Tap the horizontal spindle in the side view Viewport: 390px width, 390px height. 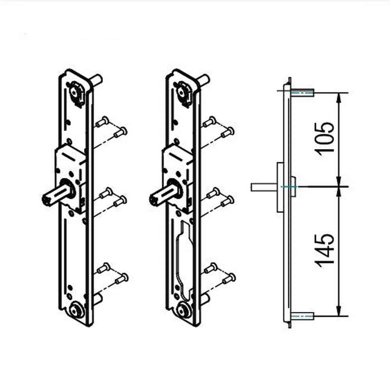tap(263, 187)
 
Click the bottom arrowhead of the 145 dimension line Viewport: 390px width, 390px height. tap(339, 312)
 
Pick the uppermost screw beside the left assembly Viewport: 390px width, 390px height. tap(103, 122)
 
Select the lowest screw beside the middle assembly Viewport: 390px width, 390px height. tap(228, 278)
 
